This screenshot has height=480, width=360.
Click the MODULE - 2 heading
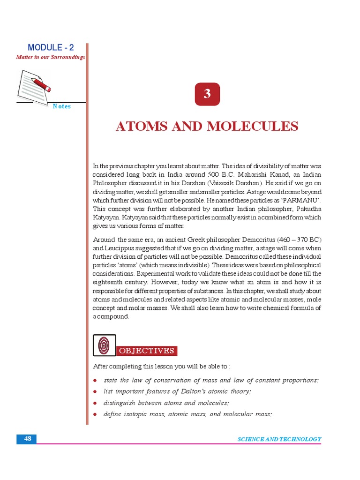pos(51,47)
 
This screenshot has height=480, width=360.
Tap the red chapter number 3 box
pos(207,94)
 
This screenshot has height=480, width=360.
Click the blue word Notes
pos(62,106)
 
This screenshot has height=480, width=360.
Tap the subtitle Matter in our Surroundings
pos(51,57)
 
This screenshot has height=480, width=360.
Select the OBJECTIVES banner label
pos(147,351)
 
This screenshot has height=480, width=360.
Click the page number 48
pos(27,439)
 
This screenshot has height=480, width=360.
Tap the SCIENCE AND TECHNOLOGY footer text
pos(279,439)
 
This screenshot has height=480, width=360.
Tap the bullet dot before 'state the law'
pos(95,380)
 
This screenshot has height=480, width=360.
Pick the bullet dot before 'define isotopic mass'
pos(95,414)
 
